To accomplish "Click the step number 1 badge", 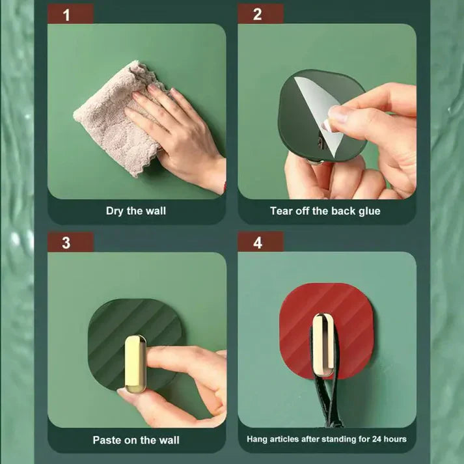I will tap(66, 14).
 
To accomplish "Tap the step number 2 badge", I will tap(258, 14).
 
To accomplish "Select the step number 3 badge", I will tap(66, 242).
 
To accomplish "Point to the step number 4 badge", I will tap(258, 242).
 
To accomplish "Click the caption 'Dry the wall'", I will tap(136, 211).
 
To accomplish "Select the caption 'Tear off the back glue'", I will tap(325, 211).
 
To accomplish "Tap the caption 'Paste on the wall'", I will tap(136, 440).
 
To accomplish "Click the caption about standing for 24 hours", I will tap(326, 439).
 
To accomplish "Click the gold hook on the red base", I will tap(320, 344).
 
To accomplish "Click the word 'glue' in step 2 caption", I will tap(368, 211).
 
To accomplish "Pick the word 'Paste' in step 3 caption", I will tap(107, 440).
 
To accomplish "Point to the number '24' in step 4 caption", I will tap(372, 439).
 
